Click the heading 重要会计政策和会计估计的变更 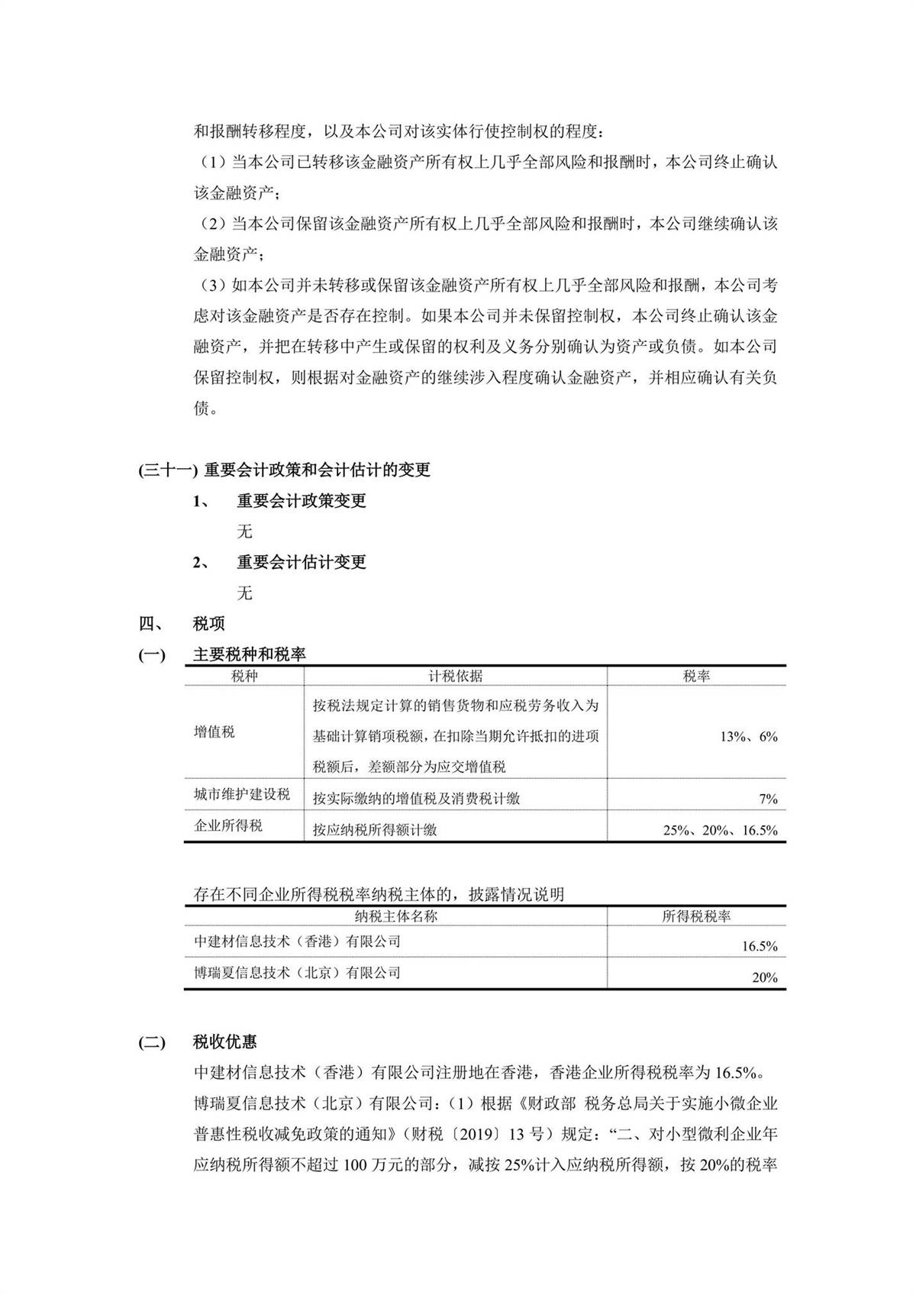(x=317, y=470)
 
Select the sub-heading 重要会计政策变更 (x=301, y=501)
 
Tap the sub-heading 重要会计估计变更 (x=301, y=562)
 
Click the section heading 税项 (x=208, y=624)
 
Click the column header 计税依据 (x=455, y=676)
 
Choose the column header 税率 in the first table (x=696, y=676)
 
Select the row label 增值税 (x=214, y=732)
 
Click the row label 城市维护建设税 (x=242, y=794)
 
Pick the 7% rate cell (x=768, y=799)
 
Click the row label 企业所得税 (x=228, y=825)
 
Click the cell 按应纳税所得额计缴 (x=375, y=830)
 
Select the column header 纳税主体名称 (x=396, y=916)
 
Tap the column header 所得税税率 (x=696, y=916)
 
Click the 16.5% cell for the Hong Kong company (x=760, y=947)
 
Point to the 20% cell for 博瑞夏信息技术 (x=764, y=977)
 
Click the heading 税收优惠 (x=224, y=1042)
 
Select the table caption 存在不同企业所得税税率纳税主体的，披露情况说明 (x=379, y=894)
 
